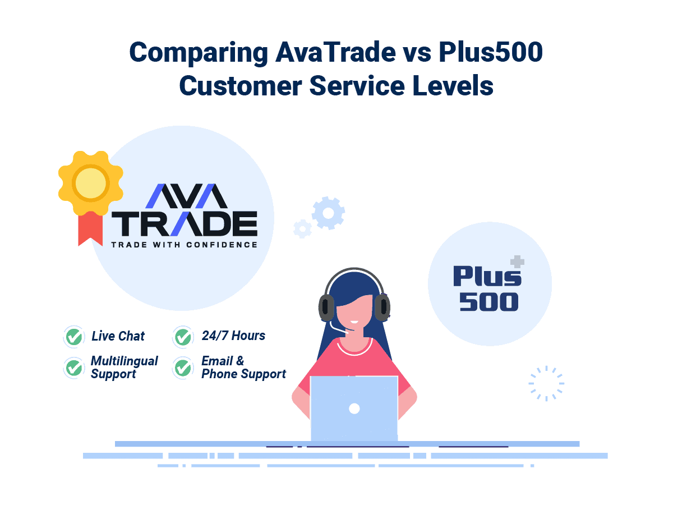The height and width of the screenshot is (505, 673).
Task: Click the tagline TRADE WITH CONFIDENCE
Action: pos(184,245)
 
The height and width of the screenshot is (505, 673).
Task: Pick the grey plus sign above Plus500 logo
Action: pos(517,262)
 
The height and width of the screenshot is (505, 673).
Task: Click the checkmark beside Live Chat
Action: pos(73,336)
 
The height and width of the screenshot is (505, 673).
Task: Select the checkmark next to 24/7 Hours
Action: pos(183,336)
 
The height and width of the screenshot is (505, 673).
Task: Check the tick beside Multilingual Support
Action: pos(73,368)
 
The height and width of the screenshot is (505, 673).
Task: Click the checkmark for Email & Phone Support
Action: pos(183,368)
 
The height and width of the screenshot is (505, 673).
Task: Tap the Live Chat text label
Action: pos(118,336)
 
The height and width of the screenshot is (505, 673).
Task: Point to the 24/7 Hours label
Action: pos(233,336)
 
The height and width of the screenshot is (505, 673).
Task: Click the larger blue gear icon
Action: pos(328,213)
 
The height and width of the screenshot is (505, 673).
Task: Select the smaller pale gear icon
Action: pos(302,228)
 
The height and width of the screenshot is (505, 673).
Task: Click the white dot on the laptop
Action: pos(354,408)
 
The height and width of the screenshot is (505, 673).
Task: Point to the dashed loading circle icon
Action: pos(546,384)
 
